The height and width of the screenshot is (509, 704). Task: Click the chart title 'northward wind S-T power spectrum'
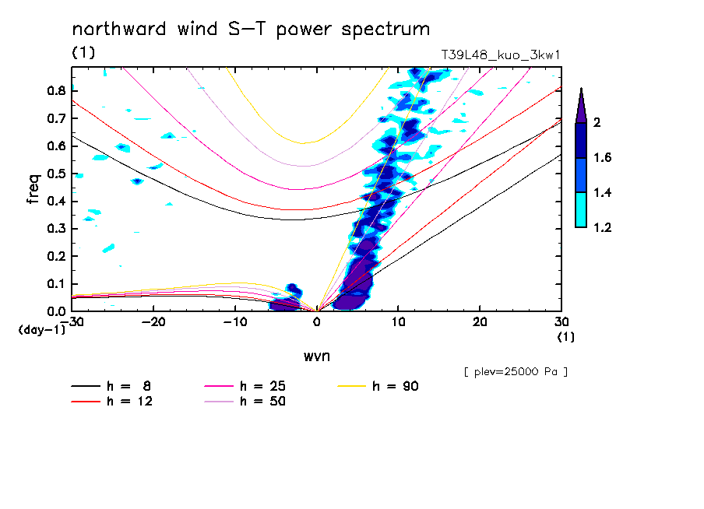251,30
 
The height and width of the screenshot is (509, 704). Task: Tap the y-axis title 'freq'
33,188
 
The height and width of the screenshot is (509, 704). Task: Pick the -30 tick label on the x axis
72,321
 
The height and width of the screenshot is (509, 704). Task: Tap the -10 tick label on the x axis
234,321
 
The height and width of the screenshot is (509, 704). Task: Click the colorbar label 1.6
603,158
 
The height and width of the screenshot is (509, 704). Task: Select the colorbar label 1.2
603,228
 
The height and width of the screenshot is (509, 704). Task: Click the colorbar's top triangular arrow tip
581,90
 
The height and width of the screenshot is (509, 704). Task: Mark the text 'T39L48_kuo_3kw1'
501,55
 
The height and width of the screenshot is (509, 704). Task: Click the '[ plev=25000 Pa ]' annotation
516,372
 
